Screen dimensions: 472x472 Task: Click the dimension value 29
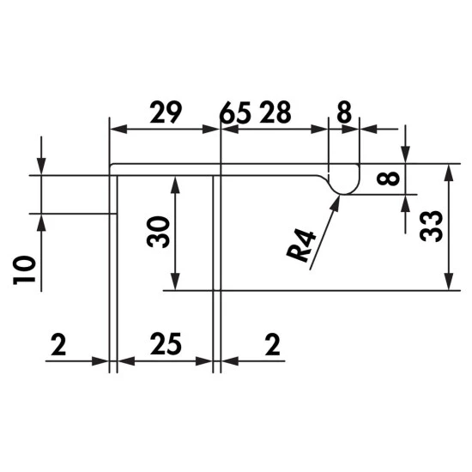pyautogui.click(x=166, y=112)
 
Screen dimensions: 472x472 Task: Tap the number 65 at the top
pyautogui.click(x=235, y=113)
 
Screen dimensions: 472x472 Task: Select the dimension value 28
pyautogui.click(x=275, y=112)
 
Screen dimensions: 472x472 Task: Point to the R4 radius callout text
pyautogui.click(x=301, y=246)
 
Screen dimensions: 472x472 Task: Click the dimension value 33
pyautogui.click(x=431, y=227)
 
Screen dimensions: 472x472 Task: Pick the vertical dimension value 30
pyautogui.click(x=158, y=232)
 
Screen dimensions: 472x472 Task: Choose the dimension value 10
pyautogui.click(x=24, y=270)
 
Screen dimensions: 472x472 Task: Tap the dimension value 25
pyautogui.click(x=166, y=344)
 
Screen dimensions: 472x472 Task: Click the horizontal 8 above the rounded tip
pyautogui.click(x=344, y=112)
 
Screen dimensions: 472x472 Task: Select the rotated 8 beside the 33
pyautogui.click(x=388, y=179)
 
